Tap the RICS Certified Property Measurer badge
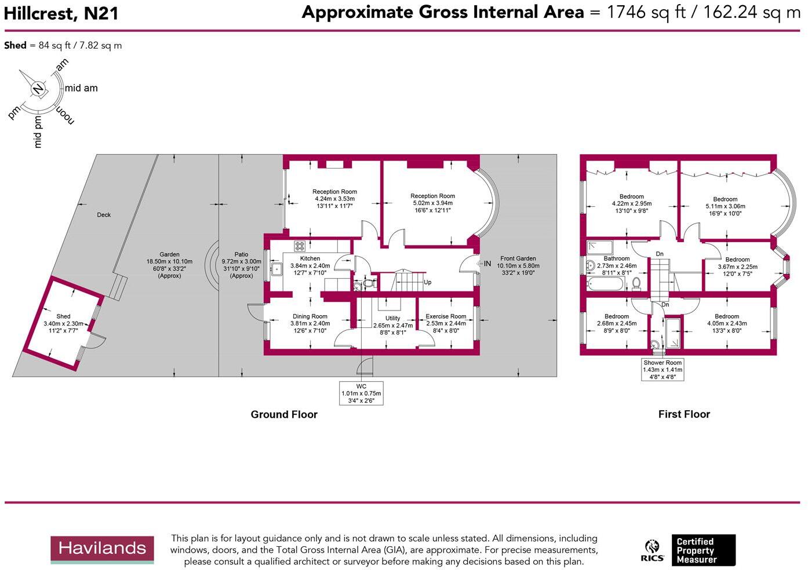688,550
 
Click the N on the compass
38,89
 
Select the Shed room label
63,316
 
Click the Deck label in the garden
104,215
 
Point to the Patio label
241,254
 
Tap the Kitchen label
310,258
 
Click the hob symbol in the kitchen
300,246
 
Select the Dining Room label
310,316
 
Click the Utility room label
392,318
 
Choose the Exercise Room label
446,316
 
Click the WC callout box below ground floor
361,393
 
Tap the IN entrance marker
487,264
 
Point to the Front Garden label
518,258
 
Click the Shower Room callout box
663,370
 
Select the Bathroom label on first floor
616,258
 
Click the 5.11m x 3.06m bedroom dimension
725,206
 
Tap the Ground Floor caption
284,414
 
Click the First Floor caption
684,414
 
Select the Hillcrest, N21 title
61,13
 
